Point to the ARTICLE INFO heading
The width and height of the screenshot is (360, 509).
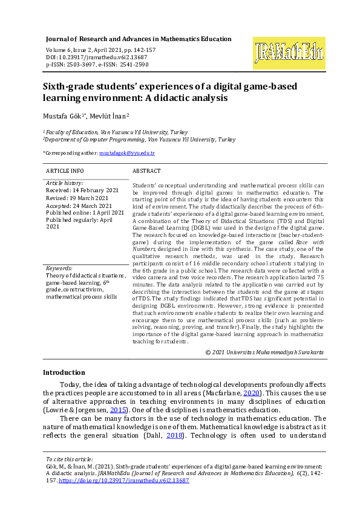tap(65, 171)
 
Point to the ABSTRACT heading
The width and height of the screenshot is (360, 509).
tap(146, 171)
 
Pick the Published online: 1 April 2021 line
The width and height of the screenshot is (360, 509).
tap(85, 212)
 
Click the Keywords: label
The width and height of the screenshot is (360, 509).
tap(59, 268)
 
